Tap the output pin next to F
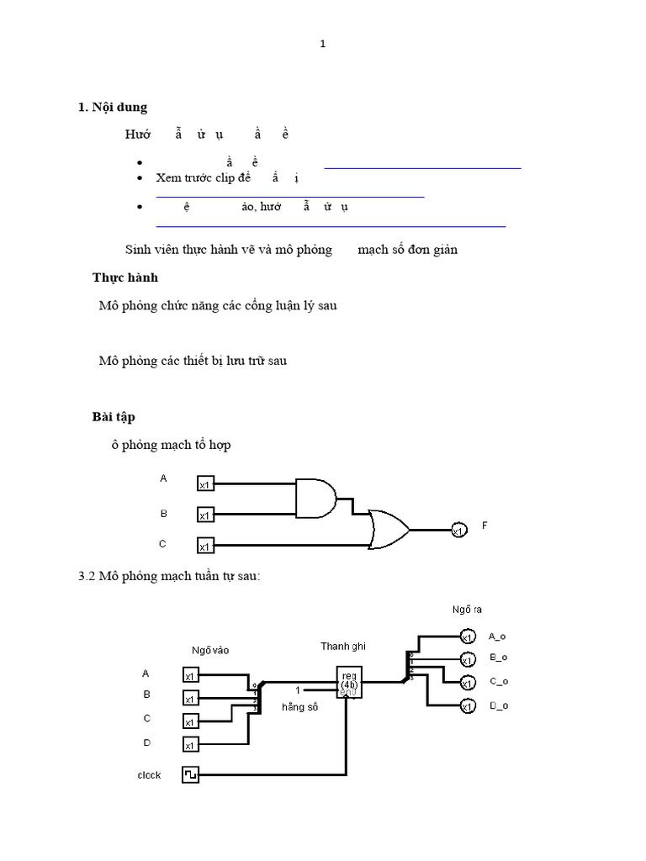[458, 531]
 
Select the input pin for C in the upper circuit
[205, 547]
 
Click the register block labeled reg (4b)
[348, 680]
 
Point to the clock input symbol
[191, 774]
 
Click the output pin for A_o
[467, 637]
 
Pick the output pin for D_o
[467, 706]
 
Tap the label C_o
[499, 682]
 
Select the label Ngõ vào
[209, 649]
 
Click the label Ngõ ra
[467, 609]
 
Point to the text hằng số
[300, 707]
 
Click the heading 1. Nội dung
[112, 107]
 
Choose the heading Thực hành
[124, 277]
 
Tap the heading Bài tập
[114, 417]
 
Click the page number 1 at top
[322, 45]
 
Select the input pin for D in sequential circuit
[191, 745]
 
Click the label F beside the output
[484, 526]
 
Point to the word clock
[149, 775]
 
